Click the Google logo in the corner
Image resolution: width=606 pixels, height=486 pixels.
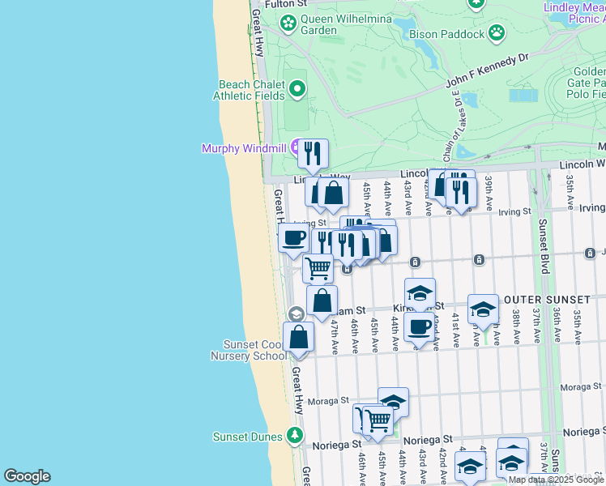(27, 476)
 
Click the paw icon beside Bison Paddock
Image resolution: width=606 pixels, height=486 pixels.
(497, 34)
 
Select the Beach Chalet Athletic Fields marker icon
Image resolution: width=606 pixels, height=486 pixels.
(297, 89)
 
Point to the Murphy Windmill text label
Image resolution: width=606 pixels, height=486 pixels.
(245, 147)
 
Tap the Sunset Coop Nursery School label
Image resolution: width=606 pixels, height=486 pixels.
(245, 350)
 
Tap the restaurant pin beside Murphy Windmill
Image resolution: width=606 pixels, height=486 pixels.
(312, 151)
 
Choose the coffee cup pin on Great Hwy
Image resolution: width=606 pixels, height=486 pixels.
(293, 237)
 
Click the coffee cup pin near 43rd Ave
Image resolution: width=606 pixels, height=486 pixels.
(419, 327)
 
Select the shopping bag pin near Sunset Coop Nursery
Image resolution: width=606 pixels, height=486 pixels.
(298, 336)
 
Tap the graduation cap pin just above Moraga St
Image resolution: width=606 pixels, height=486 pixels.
(393, 401)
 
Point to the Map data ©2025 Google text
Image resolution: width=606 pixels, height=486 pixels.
(556, 480)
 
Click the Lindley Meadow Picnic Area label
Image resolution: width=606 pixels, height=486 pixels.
(574, 13)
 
